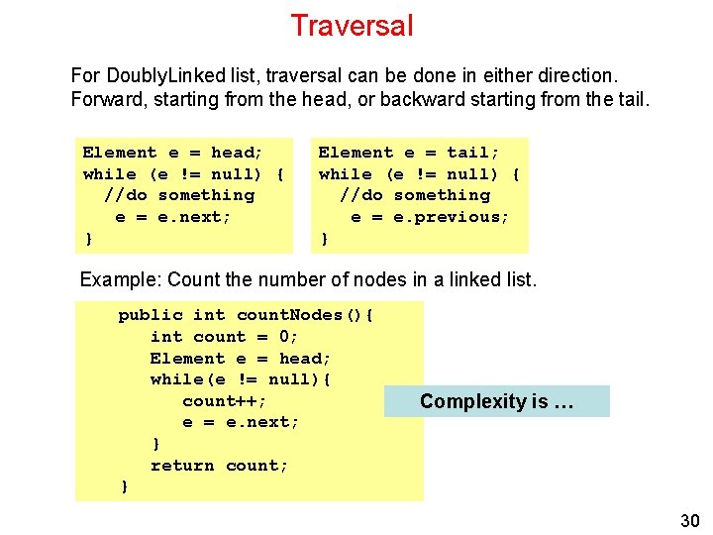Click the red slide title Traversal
coord(352,26)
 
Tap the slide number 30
coord(689,521)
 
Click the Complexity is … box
coord(496,401)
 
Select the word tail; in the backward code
coord(473,153)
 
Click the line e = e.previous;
coord(431,217)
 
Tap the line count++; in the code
coord(225,401)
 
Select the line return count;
coord(220,466)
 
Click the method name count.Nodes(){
coord(305,315)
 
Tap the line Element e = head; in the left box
coord(173,153)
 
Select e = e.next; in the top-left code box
coord(173,217)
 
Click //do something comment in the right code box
coord(415,195)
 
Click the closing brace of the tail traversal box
coord(324,239)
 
